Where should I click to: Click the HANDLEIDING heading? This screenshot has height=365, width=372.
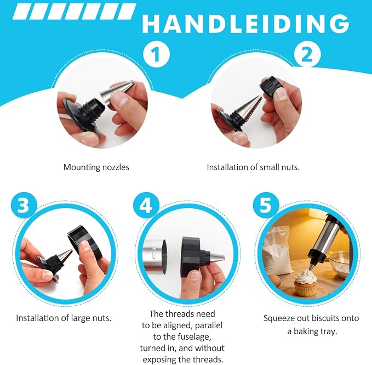point(245,23)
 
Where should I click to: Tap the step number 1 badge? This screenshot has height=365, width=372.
point(156,54)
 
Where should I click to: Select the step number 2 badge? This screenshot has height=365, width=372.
point(307,54)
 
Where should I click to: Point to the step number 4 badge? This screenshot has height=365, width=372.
point(146,205)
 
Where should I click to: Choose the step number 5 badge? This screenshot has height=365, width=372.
point(266,205)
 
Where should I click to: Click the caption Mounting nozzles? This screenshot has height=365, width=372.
point(96,167)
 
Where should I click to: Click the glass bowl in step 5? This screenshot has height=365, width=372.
point(340,264)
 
